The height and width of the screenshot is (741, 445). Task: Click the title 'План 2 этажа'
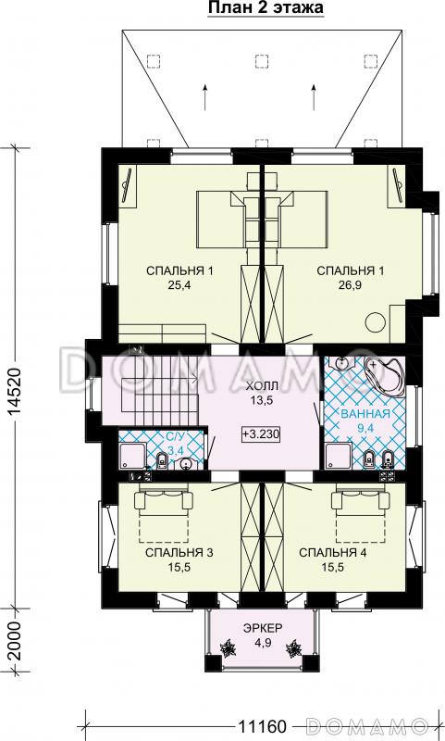click(x=266, y=8)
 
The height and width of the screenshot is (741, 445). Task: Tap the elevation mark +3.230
click(x=262, y=433)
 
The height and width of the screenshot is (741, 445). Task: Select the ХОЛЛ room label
click(x=262, y=386)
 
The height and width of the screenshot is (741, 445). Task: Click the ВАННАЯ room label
click(x=365, y=414)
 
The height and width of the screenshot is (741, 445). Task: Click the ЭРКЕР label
click(x=263, y=629)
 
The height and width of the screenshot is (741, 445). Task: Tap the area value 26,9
click(x=350, y=284)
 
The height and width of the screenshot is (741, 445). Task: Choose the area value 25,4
click(x=179, y=284)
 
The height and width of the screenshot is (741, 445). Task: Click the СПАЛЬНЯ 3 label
click(x=179, y=552)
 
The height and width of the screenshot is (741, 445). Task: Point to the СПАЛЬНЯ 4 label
click(x=333, y=552)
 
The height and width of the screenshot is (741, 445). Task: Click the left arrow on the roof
click(x=204, y=97)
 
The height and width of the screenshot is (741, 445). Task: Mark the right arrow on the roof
click(x=314, y=97)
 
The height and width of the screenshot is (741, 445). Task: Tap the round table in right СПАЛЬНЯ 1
click(x=377, y=323)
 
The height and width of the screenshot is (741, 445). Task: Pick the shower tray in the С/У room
click(x=131, y=457)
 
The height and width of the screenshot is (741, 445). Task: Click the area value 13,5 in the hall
click(x=263, y=400)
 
